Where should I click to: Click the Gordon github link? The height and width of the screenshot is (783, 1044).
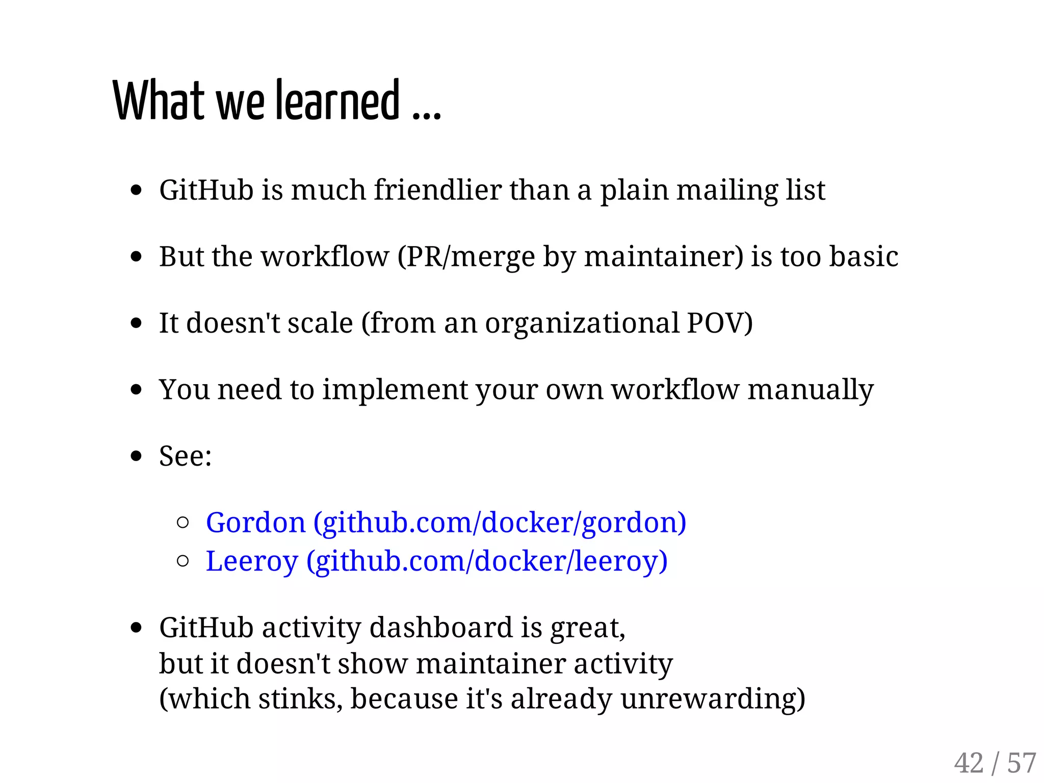click(x=446, y=523)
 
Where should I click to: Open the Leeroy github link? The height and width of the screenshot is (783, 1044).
click(x=436, y=561)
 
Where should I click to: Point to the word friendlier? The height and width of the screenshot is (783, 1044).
click(x=437, y=190)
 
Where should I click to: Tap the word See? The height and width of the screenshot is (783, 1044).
click(x=185, y=456)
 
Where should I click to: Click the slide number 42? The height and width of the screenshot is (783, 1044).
click(x=969, y=763)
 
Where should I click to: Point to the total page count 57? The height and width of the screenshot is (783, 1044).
click(x=1022, y=763)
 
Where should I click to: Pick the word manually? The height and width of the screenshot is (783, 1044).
click(x=811, y=390)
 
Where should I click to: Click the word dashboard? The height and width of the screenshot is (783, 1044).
click(x=440, y=627)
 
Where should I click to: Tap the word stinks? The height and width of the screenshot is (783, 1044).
click(x=301, y=698)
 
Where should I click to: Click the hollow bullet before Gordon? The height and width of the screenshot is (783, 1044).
click(x=182, y=523)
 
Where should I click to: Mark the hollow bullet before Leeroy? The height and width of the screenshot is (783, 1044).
click(x=182, y=561)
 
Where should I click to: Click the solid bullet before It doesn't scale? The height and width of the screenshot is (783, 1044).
click(x=136, y=323)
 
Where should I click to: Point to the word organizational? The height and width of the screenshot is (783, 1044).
click(x=582, y=323)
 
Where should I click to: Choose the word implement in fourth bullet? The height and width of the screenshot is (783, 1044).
click(x=395, y=390)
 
